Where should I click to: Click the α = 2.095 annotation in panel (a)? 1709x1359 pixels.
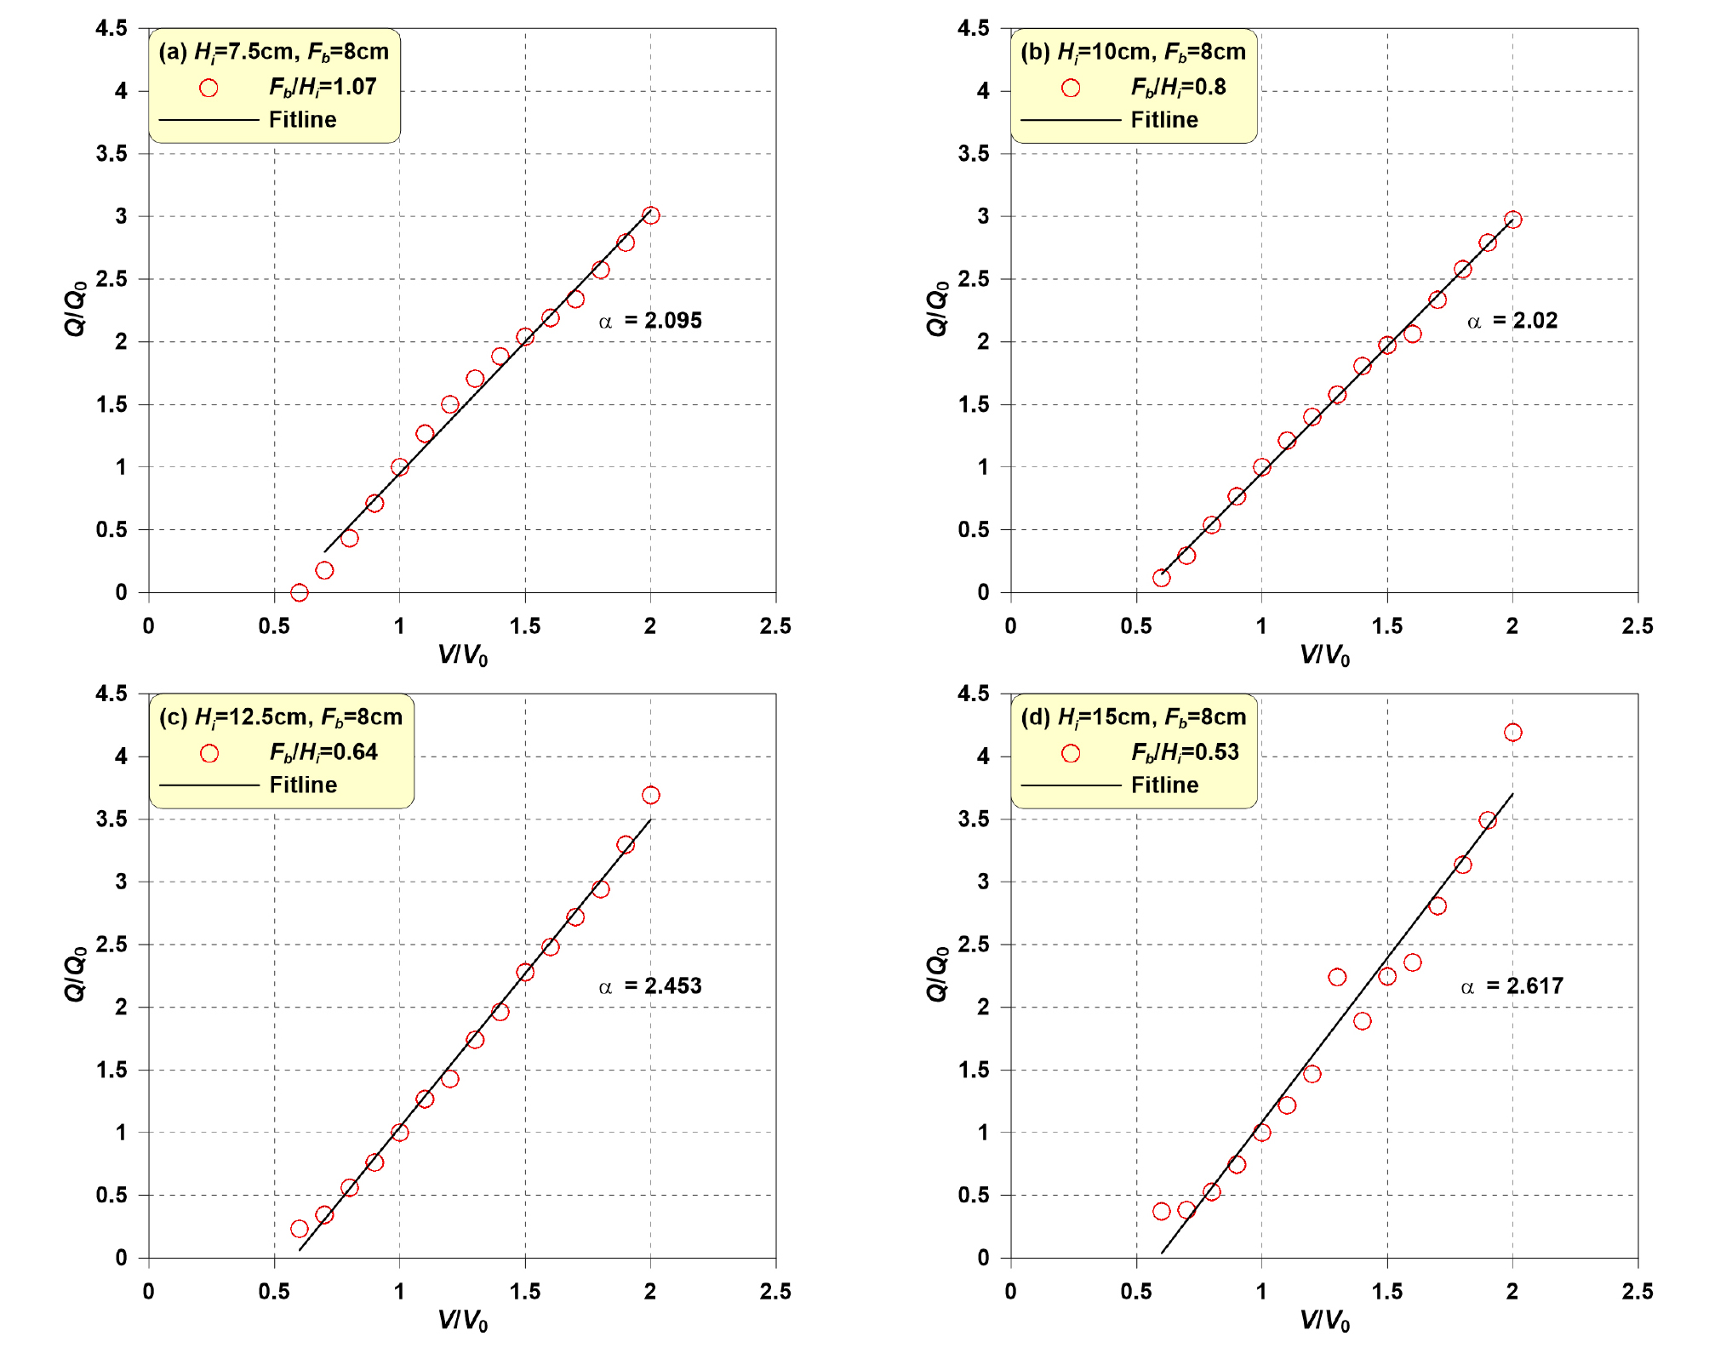coord(651,321)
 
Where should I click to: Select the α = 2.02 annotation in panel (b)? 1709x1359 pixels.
coord(1512,321)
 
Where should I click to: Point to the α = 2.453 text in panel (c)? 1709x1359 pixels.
coord(651,986)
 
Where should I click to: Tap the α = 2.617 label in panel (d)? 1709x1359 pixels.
coord(1512,986)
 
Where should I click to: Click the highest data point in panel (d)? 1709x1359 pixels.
coord(1512,733)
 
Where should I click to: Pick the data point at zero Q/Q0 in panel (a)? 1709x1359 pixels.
coord(299,592)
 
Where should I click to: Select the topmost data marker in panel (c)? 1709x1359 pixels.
coord(650,795)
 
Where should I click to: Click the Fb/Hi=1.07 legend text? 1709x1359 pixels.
coord(323,87)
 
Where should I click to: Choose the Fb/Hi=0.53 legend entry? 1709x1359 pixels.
coord(1185,752)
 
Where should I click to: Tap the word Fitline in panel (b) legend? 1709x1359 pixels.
coord(1164,120)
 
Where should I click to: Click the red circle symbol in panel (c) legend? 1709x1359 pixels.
coord(209,753)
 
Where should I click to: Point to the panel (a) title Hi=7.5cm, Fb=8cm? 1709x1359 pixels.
coord(274,52)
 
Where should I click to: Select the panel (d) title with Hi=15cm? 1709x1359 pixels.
coord(1134,717)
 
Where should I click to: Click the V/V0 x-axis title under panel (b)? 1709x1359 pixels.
coord(1324,655)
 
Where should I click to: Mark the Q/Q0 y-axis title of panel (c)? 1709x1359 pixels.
coord(76,975)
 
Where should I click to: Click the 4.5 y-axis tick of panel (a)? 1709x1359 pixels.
coord(111,29)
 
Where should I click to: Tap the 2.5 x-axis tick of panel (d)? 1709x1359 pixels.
coord(1637,1292)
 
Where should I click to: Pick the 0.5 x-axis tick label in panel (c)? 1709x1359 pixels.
coord(274,1292)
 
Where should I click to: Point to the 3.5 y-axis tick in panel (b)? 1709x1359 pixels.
coord(974,154)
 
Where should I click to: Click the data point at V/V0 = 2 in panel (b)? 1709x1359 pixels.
coord(1512,220)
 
